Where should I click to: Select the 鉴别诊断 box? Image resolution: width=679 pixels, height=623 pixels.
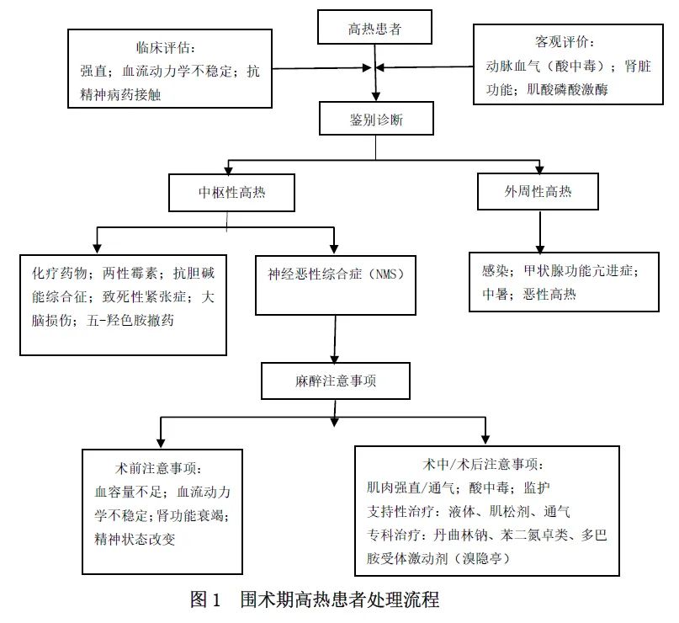(376, 120)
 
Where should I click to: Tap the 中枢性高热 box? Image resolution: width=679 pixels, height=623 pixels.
(231, 192)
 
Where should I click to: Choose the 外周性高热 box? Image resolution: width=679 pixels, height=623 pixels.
(537, 191)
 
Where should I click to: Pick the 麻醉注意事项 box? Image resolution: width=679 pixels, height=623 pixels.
(336, 381)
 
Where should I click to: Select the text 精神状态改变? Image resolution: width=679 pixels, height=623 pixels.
(135, 539)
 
